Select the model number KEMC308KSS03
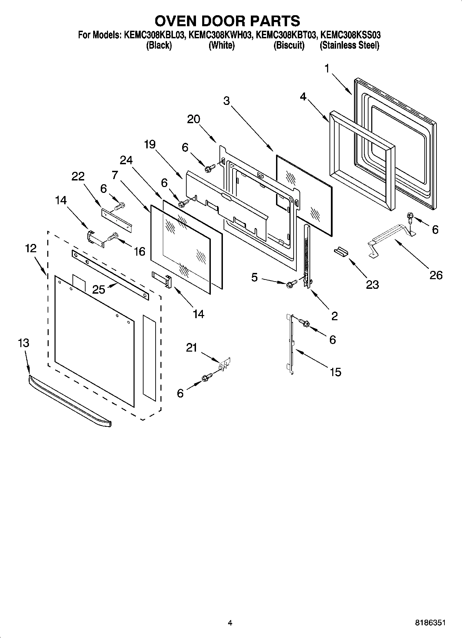tap(350, 35)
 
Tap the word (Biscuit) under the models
tap(289, 45)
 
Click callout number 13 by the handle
tap(23, 343)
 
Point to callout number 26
tap(435, 275)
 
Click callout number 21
tap(191, 347)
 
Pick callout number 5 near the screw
tap(254, 277)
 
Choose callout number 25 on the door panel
tap(99, 289)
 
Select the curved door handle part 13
tap(69, 402)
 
